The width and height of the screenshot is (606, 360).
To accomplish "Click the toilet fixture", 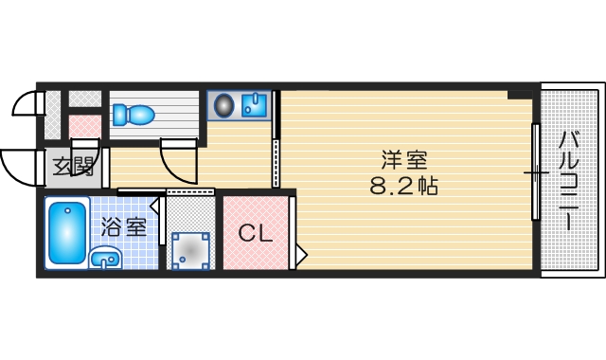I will click(x=133, y=115).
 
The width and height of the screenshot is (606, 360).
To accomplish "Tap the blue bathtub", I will click(x=67, y=232).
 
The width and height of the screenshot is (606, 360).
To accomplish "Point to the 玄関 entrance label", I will click(x=72, y=168).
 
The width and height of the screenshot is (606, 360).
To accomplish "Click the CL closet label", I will click(x=255, y=233).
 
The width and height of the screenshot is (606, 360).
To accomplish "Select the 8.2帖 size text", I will click(x=402, y=185).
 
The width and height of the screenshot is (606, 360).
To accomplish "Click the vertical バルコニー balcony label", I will click(x=569, y=180).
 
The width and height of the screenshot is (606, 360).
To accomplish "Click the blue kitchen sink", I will click(x=254, y=104).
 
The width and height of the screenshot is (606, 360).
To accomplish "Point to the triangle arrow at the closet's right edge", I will click(x=301, y=254).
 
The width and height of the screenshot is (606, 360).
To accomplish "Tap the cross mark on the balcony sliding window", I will click(x=536, y=172).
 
